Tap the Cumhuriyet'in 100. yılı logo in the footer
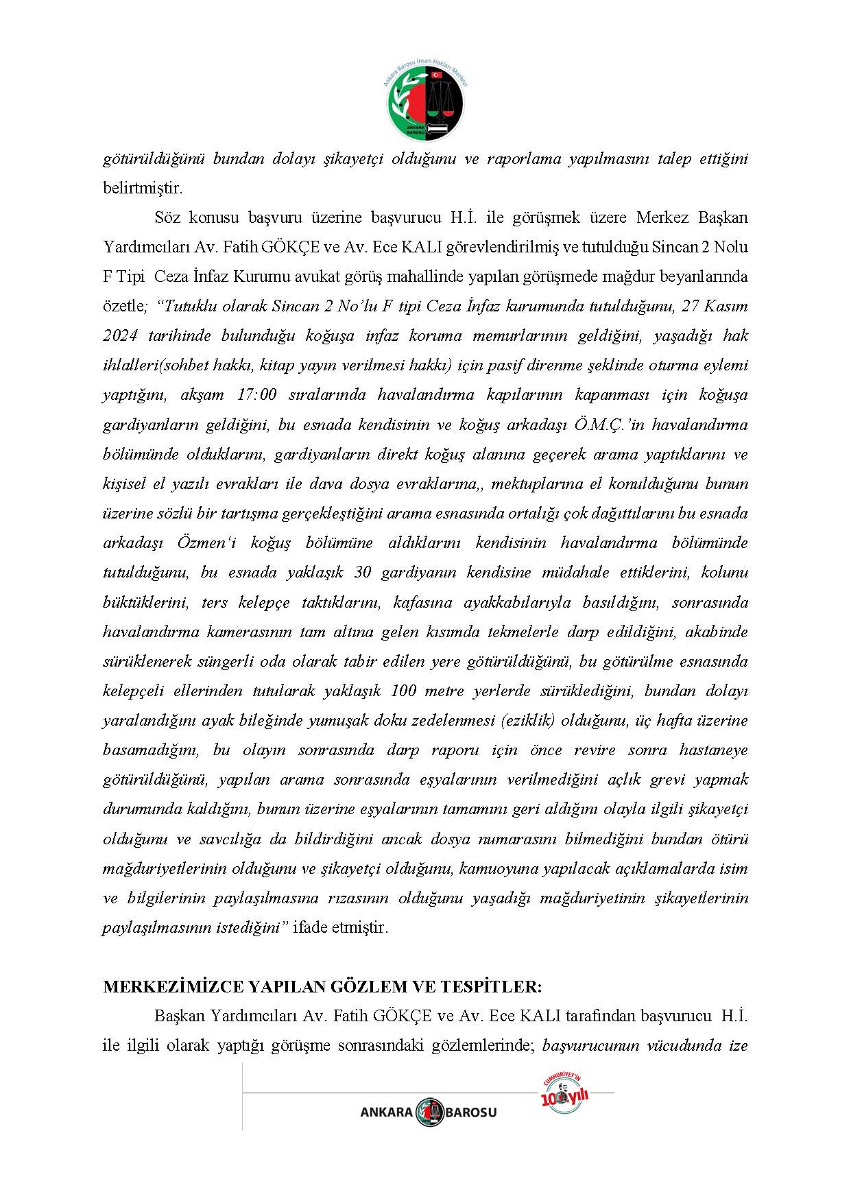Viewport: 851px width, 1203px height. [564, 1095]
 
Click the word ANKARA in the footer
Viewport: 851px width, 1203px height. [387, 1112]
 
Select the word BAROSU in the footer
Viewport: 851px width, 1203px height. [471, 1112]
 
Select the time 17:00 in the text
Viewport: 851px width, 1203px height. [257, 395]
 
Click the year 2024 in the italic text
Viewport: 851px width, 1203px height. [121, 336]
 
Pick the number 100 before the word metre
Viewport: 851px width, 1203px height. [403, 691]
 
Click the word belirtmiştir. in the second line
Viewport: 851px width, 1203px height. [143, 188]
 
